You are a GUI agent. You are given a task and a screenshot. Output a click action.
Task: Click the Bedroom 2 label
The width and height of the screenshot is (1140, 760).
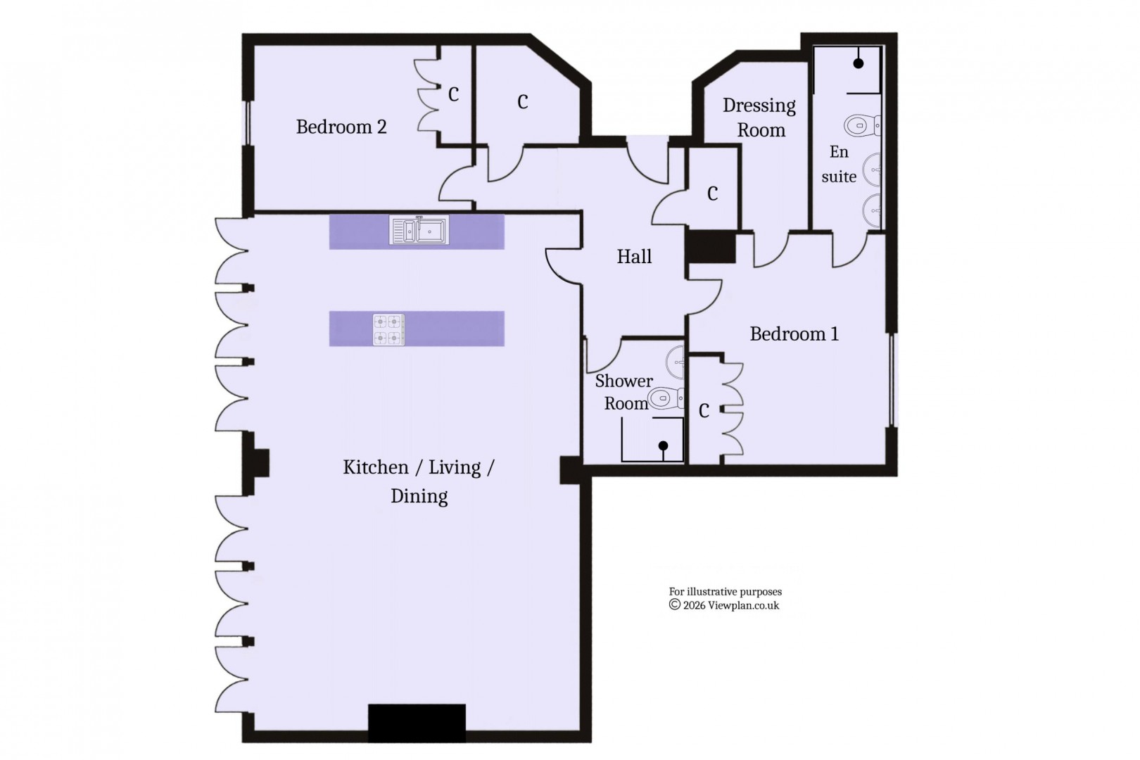[x=341, y=127]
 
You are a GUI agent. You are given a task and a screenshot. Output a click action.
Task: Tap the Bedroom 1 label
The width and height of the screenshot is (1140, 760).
[x=794, y=334]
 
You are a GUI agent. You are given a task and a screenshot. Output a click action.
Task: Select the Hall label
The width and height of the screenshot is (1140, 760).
[x=634, y=257]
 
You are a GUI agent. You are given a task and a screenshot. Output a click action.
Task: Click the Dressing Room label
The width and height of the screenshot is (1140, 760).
[x=759, y=118]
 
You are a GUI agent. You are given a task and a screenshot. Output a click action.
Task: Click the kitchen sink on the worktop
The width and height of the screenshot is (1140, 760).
[x=419, y=231]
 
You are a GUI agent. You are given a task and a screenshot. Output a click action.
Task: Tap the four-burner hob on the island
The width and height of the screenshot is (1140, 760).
[x=388, y=329]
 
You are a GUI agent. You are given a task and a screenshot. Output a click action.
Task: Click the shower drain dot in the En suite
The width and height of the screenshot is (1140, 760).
[x=859, y=63]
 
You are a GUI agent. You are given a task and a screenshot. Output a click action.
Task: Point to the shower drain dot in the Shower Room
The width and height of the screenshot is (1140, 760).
[x=663, y=445]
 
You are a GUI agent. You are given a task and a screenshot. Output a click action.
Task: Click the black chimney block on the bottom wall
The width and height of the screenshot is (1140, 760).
[x=417, y=723]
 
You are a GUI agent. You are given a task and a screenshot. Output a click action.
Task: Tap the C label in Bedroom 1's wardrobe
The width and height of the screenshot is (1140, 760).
[x=704, y=411]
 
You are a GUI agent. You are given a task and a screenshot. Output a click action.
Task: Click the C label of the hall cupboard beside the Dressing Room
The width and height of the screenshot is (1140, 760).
[x=712, y=194]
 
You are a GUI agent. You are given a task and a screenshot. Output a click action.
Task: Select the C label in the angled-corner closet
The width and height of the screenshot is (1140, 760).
[x=522, y=103]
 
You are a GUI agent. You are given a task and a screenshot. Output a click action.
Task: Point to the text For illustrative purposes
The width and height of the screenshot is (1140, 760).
[x=725, y=592]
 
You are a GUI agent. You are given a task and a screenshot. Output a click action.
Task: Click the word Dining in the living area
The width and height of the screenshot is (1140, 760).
[x=419, y=496]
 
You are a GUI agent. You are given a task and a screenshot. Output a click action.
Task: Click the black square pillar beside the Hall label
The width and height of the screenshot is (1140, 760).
[x=711, y=247]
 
